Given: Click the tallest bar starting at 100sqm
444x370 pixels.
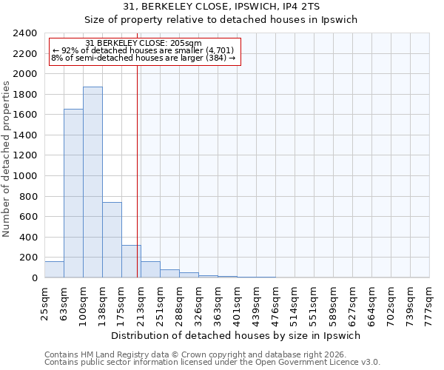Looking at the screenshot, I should (92, 182).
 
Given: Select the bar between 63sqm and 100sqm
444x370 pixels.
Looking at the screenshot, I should (73, 193).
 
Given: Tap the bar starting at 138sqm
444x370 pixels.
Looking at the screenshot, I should (112, 240).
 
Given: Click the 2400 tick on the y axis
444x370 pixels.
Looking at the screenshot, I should (26, 33).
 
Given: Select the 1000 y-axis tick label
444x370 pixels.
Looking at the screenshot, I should (26, 176).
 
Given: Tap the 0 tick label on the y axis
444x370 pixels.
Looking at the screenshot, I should (34, 278).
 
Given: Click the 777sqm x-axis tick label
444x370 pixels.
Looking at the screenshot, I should (430, 302).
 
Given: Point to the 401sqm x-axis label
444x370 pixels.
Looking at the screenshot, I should (238, 302).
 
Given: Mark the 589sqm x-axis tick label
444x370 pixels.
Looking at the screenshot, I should (334, 302).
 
